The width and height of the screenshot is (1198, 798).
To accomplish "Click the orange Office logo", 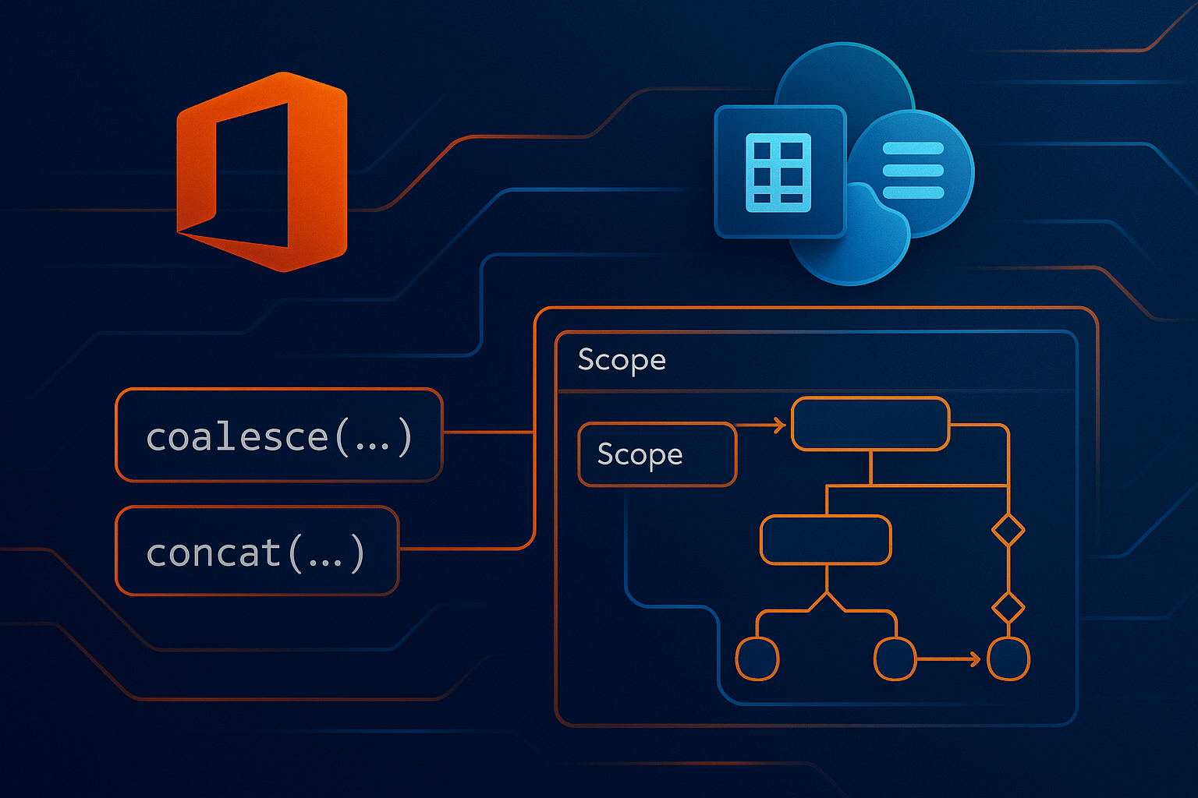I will (261, 171).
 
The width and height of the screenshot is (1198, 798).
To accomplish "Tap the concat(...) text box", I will (257, 551).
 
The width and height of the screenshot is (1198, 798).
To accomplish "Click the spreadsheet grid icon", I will (778, 172).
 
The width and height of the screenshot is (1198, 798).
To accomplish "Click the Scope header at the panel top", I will (622, 360).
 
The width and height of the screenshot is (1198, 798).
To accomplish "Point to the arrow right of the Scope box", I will (761, 425).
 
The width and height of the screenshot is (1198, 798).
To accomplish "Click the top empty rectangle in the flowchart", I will (870, 424).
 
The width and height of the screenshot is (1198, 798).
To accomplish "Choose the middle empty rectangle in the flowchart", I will (825, 539).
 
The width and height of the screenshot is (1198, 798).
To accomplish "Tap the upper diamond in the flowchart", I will (1008, 531).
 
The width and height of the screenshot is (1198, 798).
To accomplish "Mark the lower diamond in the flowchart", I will (1008, 607).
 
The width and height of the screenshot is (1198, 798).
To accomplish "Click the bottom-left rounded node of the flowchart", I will (757, 659).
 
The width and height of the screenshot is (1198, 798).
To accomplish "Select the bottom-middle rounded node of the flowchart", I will (895, 659).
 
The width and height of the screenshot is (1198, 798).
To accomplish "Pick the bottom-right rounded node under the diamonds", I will (1008, 659).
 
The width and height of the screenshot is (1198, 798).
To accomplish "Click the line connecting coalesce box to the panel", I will (488, 432).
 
